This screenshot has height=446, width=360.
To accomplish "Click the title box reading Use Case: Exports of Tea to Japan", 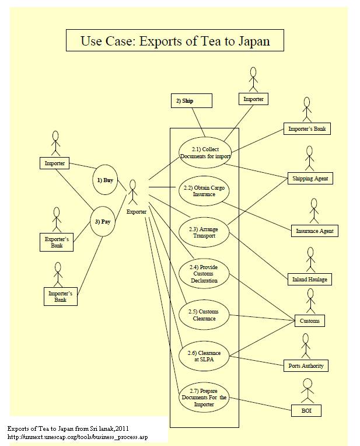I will point(174,41).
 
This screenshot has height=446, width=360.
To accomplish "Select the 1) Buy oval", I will point(105,180).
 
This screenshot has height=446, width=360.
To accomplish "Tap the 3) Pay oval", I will point(103,222).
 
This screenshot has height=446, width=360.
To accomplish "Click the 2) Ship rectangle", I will point(191,101).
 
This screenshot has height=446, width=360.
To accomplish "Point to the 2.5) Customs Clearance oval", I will point(204,315).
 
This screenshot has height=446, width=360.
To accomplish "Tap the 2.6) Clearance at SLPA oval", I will point(204,356).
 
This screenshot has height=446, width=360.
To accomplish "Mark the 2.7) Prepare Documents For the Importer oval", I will point(204,398).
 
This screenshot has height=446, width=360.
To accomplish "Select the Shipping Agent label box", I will point(310,179).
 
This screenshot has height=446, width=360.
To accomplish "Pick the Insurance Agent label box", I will point(314,231).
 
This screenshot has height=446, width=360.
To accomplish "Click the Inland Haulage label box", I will point(309,280).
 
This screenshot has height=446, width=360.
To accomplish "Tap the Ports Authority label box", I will point(306,366).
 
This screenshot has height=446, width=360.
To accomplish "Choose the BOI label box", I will point(306,411).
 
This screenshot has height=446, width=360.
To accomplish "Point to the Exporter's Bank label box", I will point(57,242).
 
